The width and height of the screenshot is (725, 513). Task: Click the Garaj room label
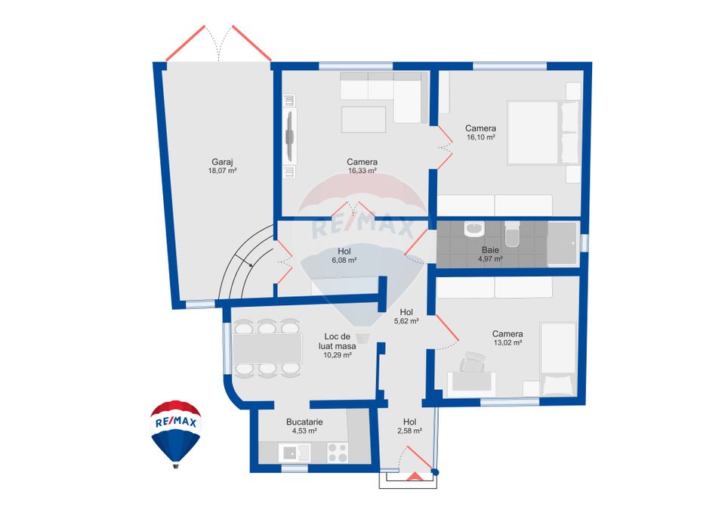[x=222, y=161]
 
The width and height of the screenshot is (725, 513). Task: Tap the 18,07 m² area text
[x=222, y=172]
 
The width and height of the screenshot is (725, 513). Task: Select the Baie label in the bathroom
[x=490, y=249]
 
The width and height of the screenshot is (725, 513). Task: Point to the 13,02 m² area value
[x=507, y=343]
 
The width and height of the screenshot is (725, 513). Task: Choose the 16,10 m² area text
[x=480, y=138]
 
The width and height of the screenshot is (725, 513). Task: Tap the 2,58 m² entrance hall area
[x=409, y=431]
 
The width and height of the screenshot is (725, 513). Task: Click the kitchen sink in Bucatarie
[x=291, y=453]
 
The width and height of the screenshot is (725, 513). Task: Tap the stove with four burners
[x=337, y=452]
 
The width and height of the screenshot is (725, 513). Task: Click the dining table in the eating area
[x=267, y=348]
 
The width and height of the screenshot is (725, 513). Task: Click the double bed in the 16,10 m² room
[x=543, y=132]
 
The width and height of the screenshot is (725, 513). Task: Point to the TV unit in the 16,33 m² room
[x=290, y=134]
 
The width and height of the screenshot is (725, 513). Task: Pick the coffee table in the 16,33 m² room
[x=364, y=119]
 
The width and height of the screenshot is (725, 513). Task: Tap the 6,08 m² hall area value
[x=344, y=260]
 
